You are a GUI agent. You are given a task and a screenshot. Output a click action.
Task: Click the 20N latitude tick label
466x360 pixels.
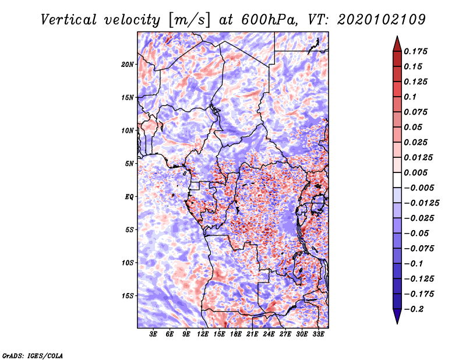(x=128, y=65)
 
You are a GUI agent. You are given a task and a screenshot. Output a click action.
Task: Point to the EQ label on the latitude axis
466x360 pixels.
(x=129, y=197)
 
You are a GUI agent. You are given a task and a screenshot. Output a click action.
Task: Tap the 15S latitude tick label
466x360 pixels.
(x=128, y=296)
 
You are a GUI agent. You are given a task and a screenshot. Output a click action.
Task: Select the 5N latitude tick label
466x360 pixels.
(x=129, y=164)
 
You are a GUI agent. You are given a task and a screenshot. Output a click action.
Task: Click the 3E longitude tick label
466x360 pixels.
(x=153, y=334)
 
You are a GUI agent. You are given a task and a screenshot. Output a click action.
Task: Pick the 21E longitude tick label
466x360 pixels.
(x=252, y=334)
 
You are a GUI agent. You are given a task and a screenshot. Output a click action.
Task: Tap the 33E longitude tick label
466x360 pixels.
(x=318, y=334)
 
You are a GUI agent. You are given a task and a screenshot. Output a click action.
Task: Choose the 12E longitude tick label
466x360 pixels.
(x=203, y=334)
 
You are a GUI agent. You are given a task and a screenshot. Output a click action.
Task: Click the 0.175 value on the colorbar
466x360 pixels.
(x=415, y=51)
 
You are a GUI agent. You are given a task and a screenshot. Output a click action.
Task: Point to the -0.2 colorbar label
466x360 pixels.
(x=414, y=309)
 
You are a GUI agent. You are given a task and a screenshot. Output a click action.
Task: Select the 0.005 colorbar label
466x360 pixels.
(x=415, y=172)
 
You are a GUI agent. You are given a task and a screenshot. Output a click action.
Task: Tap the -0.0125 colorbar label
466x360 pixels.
(x=421, y=203)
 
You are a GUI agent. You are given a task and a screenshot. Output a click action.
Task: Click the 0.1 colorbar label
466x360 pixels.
(x=410, y=97)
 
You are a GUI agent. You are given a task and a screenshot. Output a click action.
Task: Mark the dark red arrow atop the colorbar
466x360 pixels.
(x=397, y=44)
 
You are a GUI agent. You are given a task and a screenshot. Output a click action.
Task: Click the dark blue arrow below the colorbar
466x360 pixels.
(x=397, y=316)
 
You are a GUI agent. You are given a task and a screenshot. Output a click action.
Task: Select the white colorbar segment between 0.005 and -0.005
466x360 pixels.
(x=397, y=180)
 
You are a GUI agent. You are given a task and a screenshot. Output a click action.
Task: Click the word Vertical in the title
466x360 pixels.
(x=69, y=20)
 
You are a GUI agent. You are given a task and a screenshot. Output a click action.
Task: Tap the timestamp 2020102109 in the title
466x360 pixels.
(x=382, y=20)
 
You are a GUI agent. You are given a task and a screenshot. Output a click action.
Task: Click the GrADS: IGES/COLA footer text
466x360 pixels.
(x=33, y=356)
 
